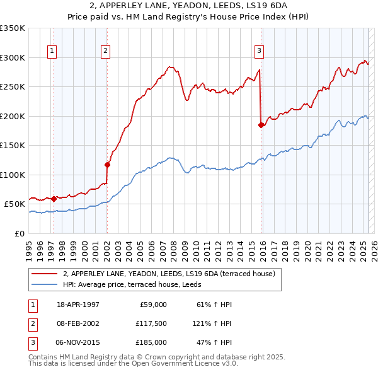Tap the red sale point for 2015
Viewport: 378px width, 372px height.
click(261, 125)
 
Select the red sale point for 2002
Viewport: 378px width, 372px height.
click(108, 165)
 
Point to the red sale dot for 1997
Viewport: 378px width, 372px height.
click(54, 199)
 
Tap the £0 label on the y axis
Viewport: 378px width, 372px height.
click(19, 233)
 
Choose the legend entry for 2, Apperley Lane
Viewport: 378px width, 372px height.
click(169, 274)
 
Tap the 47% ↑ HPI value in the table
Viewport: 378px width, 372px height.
click(214, 342)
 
